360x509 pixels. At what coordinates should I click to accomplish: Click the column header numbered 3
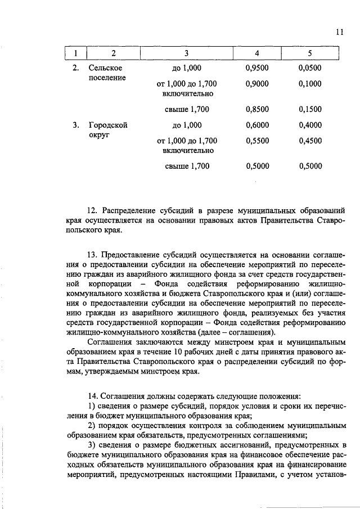[x=186, y=53]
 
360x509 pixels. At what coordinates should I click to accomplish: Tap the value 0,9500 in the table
[x=257, y=68]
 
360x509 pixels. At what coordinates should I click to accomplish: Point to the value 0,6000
[x=257, y=125]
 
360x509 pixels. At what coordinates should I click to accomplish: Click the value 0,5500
[x=257, y=140]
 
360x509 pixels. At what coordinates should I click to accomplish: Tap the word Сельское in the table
[x=106, y=68]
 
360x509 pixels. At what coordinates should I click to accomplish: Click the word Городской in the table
[x=108, y=125]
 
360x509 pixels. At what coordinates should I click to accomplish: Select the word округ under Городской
[x=100, y=135]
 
